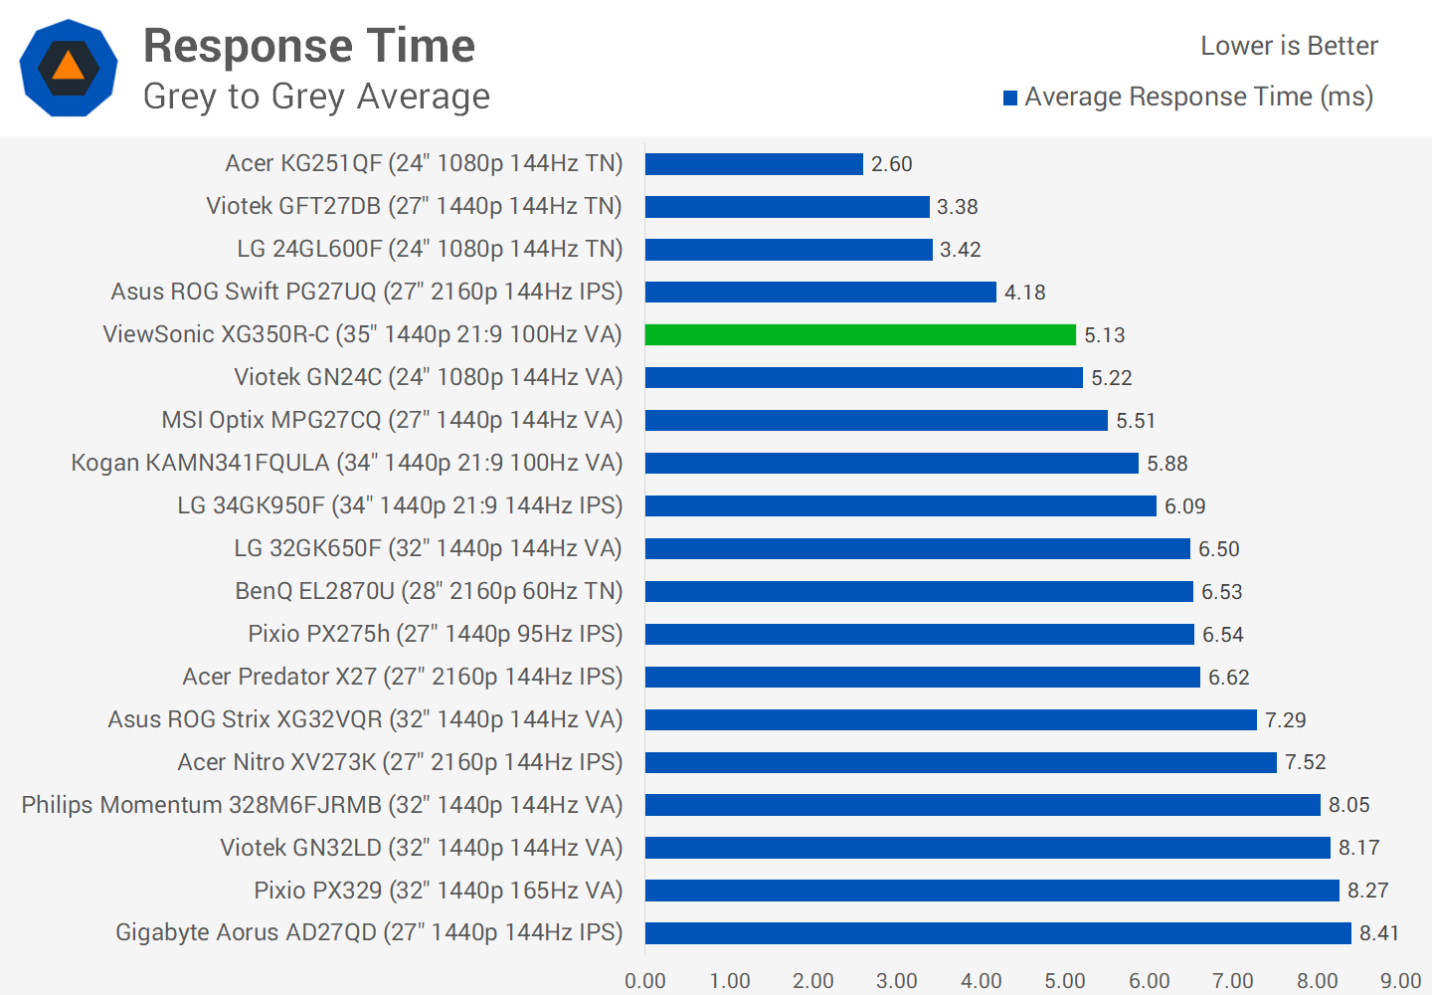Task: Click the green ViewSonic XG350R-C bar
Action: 860,335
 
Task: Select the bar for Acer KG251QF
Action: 754,164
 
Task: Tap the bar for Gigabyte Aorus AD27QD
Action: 997,933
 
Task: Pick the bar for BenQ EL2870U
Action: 919,592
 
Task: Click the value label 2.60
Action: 891,164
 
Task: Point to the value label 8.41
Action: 1379,933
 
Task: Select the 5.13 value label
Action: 1104,335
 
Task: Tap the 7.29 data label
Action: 1285,719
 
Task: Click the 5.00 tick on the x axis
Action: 1065,981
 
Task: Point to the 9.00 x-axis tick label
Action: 1400,981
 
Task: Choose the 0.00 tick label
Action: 645,981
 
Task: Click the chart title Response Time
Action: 309,46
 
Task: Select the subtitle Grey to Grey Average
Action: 316,97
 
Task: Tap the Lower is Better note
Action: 1289,46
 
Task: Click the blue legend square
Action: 1010,98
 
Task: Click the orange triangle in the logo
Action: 68,67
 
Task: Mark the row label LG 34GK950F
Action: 400,505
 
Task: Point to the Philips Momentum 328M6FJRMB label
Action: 322,805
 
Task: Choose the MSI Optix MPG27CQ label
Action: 392,420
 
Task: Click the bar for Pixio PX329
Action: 991,891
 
